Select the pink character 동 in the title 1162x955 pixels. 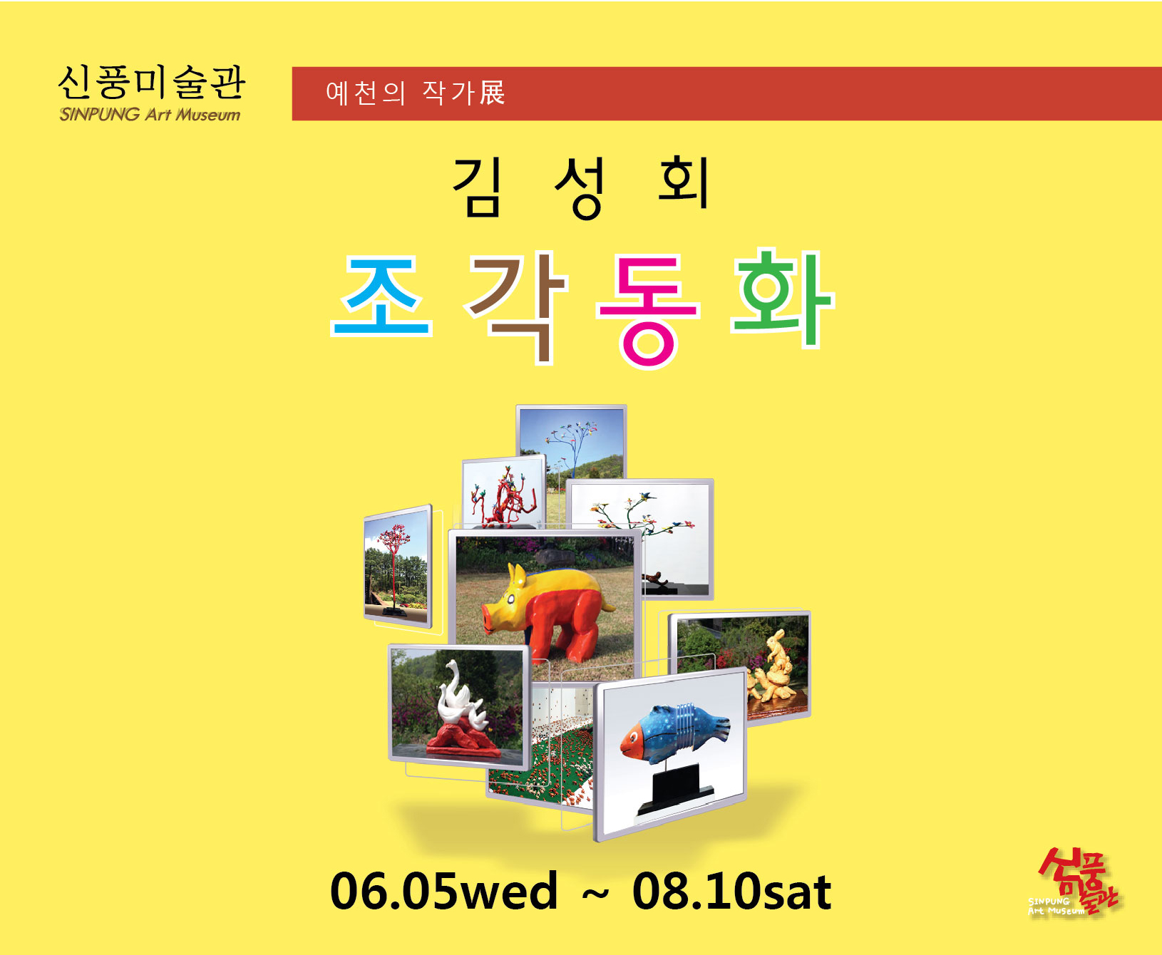coord(647,311)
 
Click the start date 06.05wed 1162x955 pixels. coord(443,891)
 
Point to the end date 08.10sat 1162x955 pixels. coord(732,891)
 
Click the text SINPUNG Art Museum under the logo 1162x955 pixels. coord(150,115)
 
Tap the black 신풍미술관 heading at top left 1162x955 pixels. coord(151,82)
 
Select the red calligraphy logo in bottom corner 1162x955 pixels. coord(1076,882)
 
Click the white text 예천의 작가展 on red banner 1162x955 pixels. coord(416,93)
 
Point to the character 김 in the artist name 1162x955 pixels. coord(477,187)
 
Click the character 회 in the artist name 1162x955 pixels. coord(683,184)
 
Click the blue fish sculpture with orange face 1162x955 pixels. coord(674,734)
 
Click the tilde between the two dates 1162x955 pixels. coord(595,893)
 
